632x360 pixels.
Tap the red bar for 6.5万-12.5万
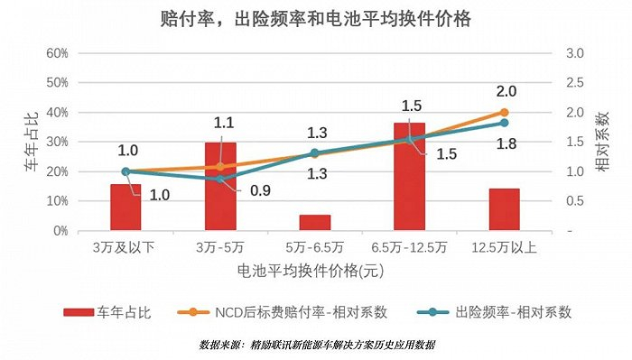click(410, 177)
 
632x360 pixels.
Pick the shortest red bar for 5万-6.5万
click(315, 223)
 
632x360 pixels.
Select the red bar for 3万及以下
click(125, 208)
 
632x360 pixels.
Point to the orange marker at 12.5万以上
click(504, 113)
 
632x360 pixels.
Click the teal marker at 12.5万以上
click(504, 124)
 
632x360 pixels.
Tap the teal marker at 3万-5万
click(220, 179)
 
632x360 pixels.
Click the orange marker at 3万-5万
click(220, 166)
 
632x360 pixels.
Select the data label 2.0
click(506, 92)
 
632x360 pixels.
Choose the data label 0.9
click(259, 191)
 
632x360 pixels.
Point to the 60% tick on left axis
click(58, 53)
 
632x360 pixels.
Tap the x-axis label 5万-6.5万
click(315, 246)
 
